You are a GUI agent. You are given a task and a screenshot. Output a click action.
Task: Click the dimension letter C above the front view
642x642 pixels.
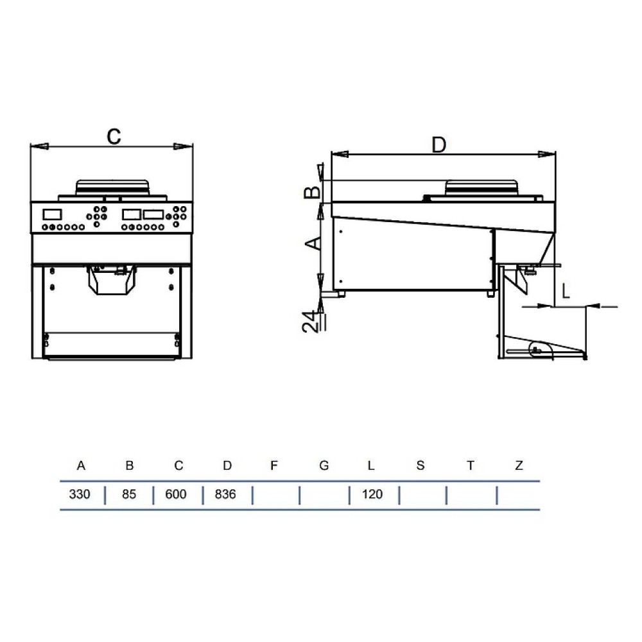(114, 136)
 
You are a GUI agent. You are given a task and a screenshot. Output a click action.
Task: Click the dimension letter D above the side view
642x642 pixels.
(439, 145)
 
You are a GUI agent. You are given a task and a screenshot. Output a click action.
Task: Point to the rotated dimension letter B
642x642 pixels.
(313, 191)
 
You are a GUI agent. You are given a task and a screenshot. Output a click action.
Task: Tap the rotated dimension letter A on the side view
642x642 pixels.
(313, 243)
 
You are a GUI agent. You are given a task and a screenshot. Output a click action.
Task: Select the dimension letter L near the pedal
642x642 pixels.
(566, 291)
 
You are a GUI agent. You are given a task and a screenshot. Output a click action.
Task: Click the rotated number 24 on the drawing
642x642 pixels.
(311, 322)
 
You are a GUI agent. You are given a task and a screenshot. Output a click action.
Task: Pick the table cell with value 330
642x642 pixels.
(80, 494)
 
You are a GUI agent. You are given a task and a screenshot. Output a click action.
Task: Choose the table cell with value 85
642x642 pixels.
(128, 494)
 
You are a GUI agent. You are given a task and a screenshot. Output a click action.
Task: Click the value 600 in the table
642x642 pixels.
(176, 494)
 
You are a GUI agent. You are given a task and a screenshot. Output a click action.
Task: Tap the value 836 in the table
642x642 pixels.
(225, 494)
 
